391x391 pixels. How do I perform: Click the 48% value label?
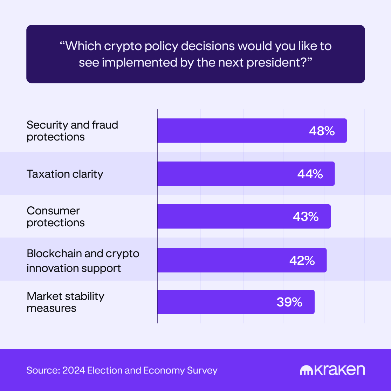322,131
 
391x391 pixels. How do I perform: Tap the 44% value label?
310,174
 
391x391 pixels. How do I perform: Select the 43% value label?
306,217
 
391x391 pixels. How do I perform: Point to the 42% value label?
302,260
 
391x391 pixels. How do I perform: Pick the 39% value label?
289,302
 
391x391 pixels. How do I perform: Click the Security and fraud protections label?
72,131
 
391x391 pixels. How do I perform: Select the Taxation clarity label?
65,174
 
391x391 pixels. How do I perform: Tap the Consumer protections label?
56,217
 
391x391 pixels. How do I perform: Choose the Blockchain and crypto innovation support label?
83,261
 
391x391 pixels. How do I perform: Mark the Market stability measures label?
66,302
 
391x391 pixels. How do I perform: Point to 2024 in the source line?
74,370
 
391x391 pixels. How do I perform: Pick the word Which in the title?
84,46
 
